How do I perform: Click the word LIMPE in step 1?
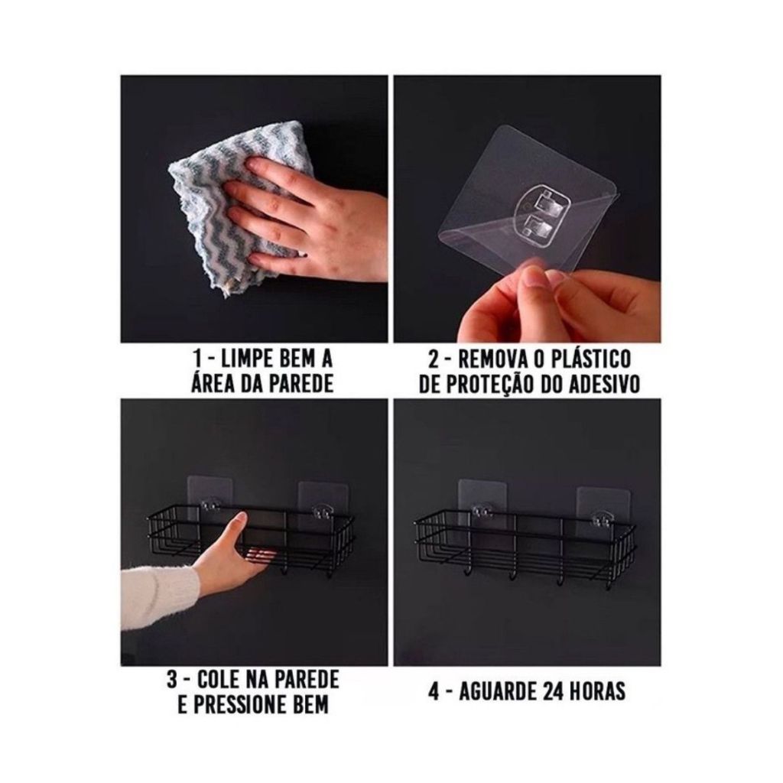pyautogui.click(x=242, y=359)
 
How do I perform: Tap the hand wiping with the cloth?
pyautogui.click(x=304, y=215)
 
